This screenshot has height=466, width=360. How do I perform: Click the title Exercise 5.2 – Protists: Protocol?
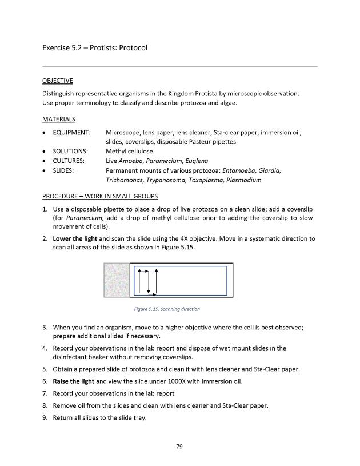pyautogui.click(x=94, y=47)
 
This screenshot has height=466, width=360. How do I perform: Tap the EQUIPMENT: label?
pyautogui.click(x=71, y=133)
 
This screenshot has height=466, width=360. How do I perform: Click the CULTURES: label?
pyautogui.click(x=69, y=161)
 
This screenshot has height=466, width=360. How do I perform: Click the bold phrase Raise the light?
pyautogui.click(x=74, y=381)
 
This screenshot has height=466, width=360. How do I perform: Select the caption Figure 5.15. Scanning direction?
pyautogui.click(x=166, y=309)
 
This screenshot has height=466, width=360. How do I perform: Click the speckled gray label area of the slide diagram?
pyautogui.click(x=117, y=280)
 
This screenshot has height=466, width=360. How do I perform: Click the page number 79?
pyautogui.click(x=179, y=446)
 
